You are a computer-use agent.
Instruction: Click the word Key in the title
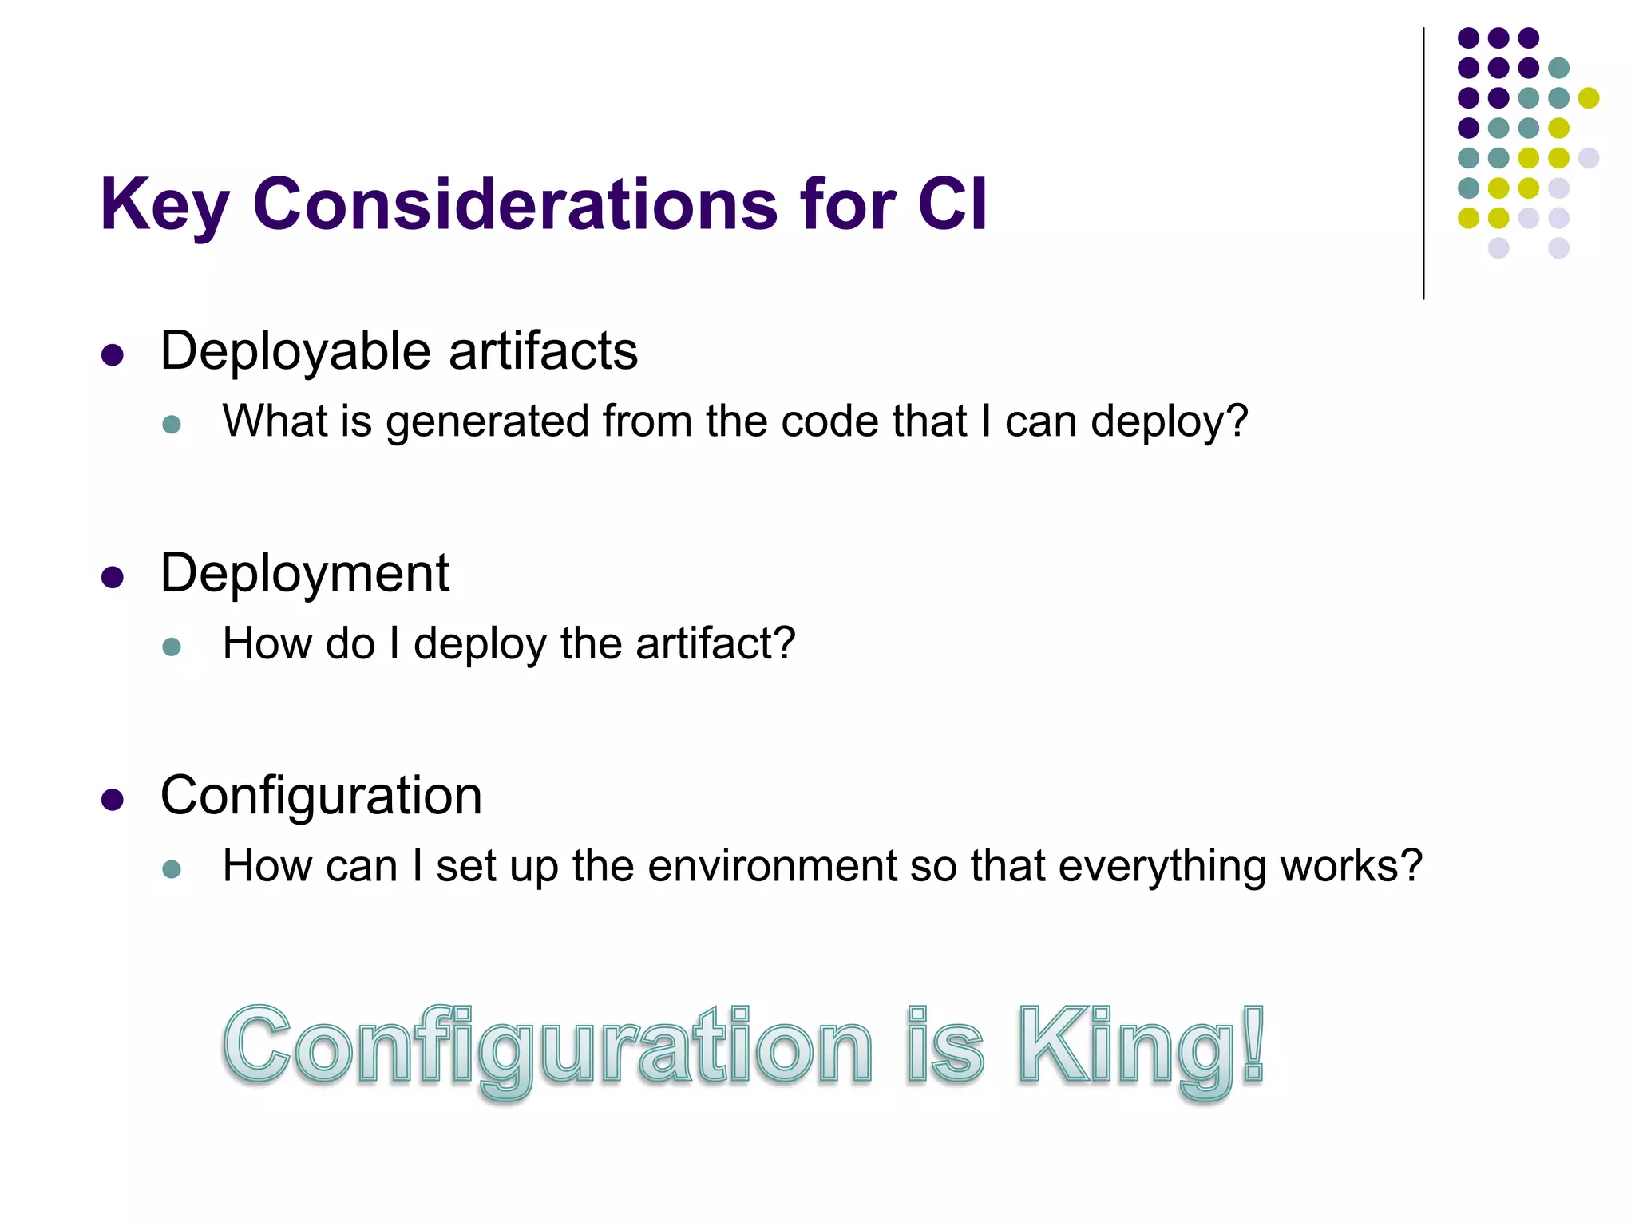pos(164,205)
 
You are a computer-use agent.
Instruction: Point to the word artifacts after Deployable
pos(543,351)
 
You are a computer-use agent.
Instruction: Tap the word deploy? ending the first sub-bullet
pos(1169,421)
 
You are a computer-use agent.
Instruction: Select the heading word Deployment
pos(304,573)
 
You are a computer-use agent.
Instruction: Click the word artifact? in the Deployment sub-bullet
pos(715,643)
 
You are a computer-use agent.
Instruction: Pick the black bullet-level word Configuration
pos(321,796)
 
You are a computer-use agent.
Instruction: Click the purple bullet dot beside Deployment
pos(113,577)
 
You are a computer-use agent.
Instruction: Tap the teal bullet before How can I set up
pos(172,868)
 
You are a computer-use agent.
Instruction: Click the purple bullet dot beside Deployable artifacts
pos(113,355)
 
